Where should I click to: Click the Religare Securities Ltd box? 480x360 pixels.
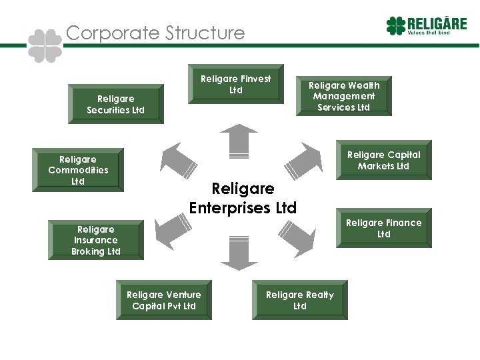click(115, 104)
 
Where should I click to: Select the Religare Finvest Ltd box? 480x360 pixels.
click(236, 84)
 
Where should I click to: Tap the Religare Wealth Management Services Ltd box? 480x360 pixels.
click(343, 96)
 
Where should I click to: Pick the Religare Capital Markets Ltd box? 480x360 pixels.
click(383, 160)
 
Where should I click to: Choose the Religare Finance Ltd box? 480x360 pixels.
click(383, 229)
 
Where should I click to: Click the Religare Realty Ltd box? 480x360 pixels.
click(300, 300)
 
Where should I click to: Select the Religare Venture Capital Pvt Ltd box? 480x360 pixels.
click(164, 300)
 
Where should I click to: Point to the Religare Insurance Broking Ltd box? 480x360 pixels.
click(95, 240)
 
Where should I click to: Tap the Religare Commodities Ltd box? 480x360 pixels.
click(78, 170)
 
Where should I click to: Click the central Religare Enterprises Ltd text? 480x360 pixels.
click(243, 199)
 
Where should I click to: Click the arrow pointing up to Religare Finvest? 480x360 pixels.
click(239, 141)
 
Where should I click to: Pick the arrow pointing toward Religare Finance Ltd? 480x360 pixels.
click(297, 233)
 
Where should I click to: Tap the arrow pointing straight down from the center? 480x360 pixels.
click(239, 253)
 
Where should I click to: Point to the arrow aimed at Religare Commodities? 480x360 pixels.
click(177, 160)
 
